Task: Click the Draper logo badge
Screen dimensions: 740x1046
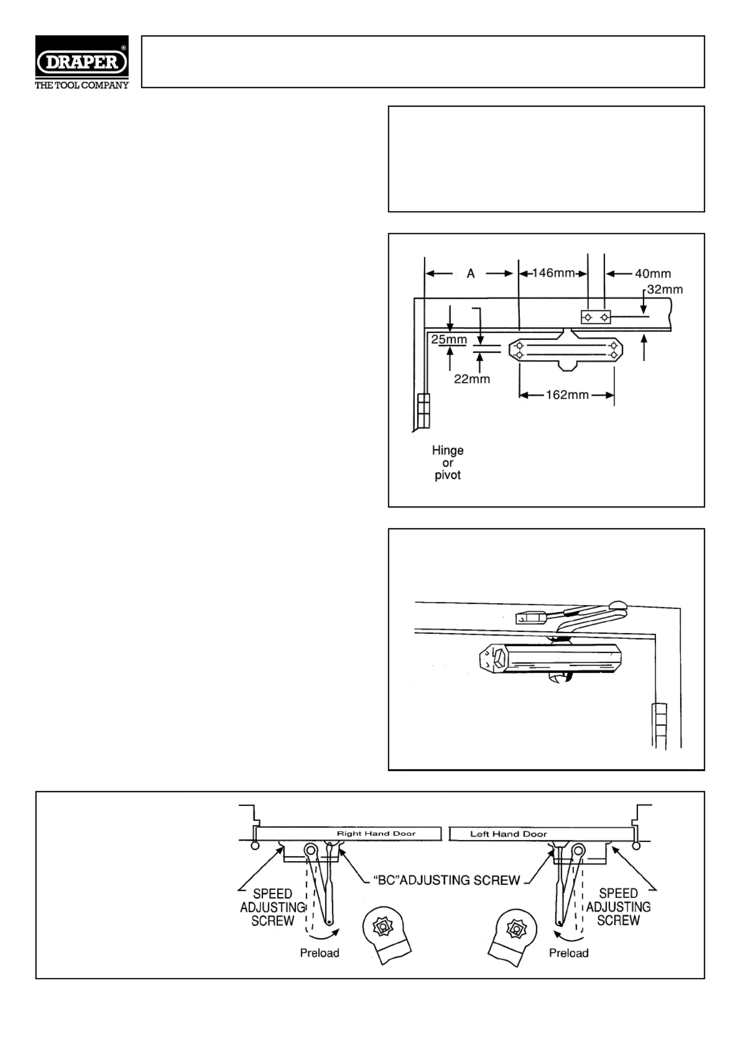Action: [x=82, y=62]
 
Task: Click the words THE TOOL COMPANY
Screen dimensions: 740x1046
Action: [x=82, y=85]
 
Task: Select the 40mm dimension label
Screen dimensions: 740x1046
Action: [x=653, y=273]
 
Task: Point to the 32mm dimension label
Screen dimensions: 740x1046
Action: [x=665, y=289]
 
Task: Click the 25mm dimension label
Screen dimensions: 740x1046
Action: [x=449, y=339]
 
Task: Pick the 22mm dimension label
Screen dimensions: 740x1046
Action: [x=472, y=379]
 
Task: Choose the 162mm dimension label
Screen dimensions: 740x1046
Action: [x=567, y=395]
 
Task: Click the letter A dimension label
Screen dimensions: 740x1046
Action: [x=470, y=273]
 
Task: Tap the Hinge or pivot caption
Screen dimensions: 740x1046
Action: [x=448, y=463]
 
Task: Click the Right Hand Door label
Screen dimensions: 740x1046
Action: [x=376, y=834]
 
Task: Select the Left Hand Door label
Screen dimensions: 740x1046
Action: [x=508, y=834]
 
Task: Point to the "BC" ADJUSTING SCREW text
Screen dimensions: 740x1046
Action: [x=447, y=880]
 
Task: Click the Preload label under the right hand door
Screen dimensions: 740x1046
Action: [x=319, y=953]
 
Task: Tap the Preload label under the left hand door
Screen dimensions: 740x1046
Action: [x=568, y=953]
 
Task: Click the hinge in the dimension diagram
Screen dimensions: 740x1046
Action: [x=423, y=410]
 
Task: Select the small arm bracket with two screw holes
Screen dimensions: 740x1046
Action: [x=595, y=317]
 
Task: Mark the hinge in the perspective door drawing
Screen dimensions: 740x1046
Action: [x=659, y=726]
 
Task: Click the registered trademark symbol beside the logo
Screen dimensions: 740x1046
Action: [x=124, y=48]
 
